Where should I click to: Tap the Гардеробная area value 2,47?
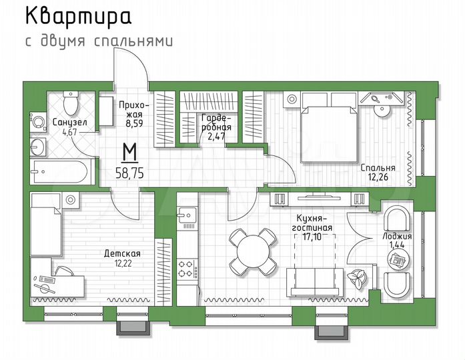click(215, 137)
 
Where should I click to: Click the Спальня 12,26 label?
click(378, 173)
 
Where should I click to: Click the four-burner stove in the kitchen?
click(186, 269)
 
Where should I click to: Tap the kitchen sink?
click(186, 215)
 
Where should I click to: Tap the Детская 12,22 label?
click(122, 257)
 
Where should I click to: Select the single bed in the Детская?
click(46, 225)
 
